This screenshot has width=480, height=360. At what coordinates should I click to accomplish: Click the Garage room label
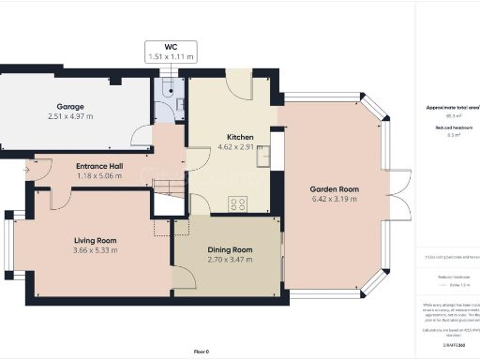pyautogui.click(x=70, y=107)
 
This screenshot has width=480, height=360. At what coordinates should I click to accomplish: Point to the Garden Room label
pyautogui.click(x=335, y=187)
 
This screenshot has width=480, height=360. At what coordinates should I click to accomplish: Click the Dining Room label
pyautogui.click(x=230, y=249)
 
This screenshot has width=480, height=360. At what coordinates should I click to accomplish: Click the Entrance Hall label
pyautogui.click(x=100, y=166)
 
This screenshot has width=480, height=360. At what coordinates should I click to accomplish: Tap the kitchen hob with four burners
pyautogui.click(x=238, y=202)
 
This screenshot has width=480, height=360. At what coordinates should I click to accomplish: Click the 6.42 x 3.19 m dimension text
pyautogui.click(x=335, y=198)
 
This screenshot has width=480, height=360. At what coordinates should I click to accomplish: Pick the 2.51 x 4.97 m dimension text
pyautogui.click(x=70, y=117)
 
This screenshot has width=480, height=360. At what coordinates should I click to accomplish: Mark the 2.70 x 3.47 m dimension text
pyautogui.click(x=230, y=260)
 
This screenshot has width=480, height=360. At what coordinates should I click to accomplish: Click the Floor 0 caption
pyautogui.click(x=201, y=351)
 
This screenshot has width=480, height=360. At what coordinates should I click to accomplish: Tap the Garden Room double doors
pyautogui.click(x=401, y=192)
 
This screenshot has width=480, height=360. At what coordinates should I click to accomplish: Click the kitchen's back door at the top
pyautogui.click(x=240, y=85)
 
